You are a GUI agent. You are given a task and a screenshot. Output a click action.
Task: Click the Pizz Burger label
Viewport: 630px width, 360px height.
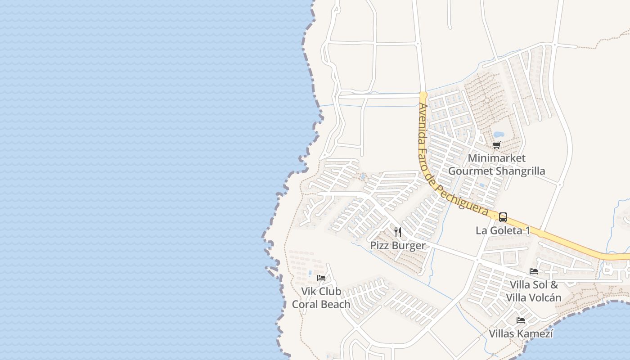click(x=397, y=245)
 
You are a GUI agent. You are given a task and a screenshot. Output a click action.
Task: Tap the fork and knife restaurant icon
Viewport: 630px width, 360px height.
click(x=398, y=232)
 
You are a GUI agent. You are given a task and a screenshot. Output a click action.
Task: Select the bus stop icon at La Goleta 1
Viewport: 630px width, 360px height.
click(x=503, y=217)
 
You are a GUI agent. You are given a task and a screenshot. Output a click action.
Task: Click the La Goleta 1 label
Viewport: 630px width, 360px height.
click(x=503, y=230)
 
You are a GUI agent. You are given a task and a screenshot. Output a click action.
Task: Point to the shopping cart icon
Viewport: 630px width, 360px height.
click(x=496, y=145)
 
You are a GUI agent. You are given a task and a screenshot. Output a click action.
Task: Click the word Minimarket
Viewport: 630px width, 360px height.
click(x=496, y=158)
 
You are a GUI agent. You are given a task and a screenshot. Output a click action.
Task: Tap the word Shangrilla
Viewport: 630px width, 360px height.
click(x=521, y=171)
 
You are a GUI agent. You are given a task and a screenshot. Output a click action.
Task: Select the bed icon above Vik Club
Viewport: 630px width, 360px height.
click(x=321, y=278)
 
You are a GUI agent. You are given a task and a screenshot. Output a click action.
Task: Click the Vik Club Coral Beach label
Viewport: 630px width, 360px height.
click(x=321, y=298)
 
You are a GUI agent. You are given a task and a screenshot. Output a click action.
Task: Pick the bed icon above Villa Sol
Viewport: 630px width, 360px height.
click(x=534, y=271)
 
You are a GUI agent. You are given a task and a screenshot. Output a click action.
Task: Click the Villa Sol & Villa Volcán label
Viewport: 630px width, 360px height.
click(x=534, y=291)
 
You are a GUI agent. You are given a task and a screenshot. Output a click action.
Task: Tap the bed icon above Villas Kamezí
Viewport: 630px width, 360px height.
click(x=521, y=320)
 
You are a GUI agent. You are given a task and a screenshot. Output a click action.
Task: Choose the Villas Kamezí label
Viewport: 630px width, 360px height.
click(x=521, y=334)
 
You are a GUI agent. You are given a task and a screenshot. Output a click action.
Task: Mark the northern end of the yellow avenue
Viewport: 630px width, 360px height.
click(x=423, y=94)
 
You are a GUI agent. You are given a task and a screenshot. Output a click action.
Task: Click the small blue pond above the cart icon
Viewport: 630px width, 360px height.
click(x=499, y=134)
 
